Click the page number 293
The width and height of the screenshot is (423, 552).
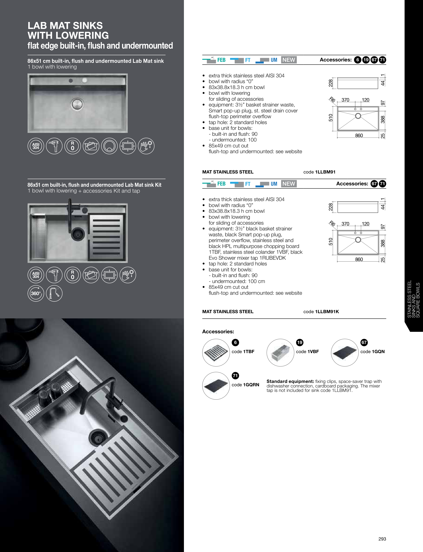pos(382,539)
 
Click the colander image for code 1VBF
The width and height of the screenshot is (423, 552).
pos(280,353)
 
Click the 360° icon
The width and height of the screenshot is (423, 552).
pos(36,293)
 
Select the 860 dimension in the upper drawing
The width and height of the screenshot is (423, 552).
pos(359,135)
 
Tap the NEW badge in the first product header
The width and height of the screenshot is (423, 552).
pos(288,60)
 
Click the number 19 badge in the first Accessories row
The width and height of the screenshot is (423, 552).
pos(366,60)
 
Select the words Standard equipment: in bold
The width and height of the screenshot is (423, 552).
pos(290,381)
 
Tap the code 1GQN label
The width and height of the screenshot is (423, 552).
pos(372,352)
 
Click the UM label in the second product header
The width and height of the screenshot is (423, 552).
pos(274,184)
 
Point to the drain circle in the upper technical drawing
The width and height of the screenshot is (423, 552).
pos(358,116)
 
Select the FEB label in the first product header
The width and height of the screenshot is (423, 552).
pos(221,60)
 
